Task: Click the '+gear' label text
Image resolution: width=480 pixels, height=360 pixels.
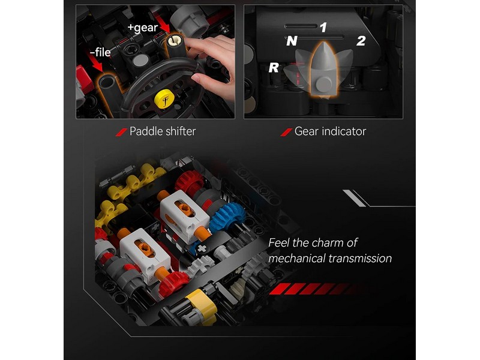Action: [143, 28]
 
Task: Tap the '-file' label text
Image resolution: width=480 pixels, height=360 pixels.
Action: [100, 52]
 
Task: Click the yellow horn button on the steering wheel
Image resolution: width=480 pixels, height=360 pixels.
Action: [164, 99]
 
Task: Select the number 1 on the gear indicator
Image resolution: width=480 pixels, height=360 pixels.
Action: [323, 28]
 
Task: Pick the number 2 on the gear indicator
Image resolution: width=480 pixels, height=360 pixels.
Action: [361, 41]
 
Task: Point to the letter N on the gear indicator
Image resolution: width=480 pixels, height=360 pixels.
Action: [292, 41]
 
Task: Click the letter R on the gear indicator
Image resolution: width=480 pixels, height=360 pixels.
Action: [274, 68]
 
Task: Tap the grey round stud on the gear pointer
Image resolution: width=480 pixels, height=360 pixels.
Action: [324, 84]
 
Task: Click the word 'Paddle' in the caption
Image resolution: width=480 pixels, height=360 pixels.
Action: [146, 131]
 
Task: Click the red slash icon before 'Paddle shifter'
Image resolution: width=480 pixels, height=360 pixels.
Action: [121, 132]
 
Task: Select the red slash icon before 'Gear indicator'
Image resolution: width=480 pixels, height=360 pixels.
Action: [286, 132]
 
